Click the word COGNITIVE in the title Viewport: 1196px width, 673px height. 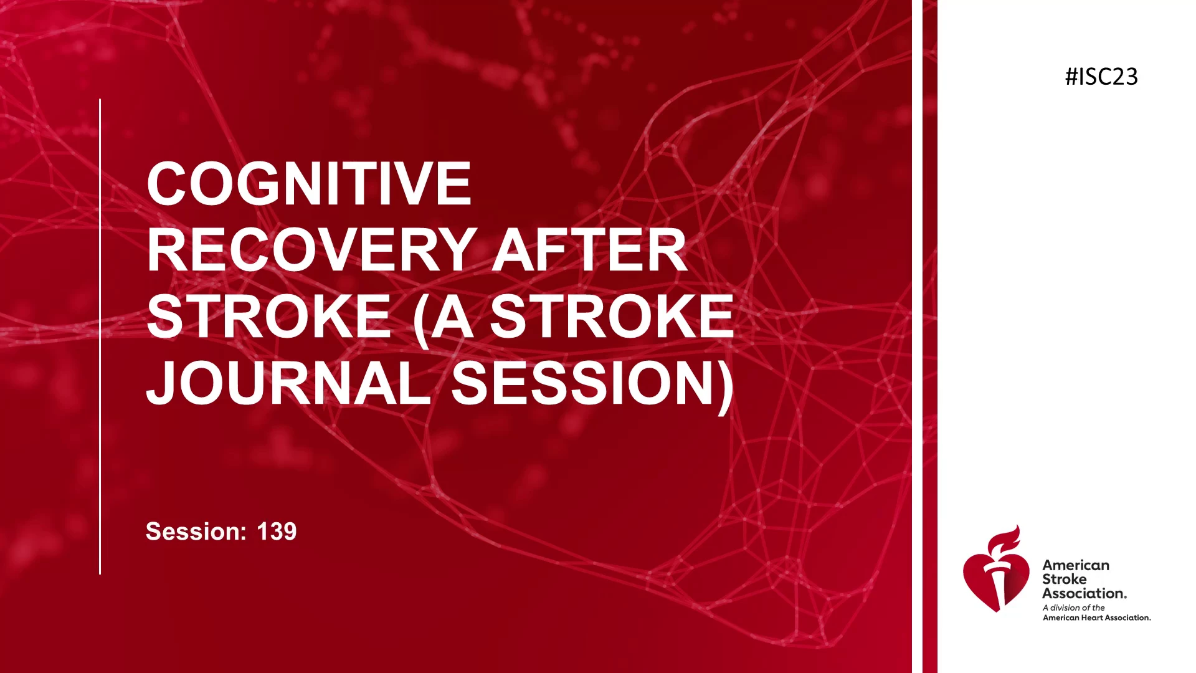click(x=309, y=183)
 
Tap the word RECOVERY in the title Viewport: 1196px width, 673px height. click(x=312, y=250)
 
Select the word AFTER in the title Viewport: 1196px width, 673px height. click(x=590, y=250)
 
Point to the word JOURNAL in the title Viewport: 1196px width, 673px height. click(x=288, y=383)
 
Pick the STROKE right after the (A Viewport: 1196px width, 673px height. click(x=612, y=316)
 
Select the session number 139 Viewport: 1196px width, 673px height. click(x=277, y=532)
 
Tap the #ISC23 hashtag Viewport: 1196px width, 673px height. click(x=1101, y=77)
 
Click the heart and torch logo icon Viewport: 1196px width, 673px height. click(x=996, y=568)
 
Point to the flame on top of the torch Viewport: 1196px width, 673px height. click(x=1004, y=540)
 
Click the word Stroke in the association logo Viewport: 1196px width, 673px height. click(x=1064, y=579)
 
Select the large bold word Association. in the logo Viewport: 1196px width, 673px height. click(x=1084, y=593)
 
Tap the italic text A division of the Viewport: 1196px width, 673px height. click(x=1074, y=608)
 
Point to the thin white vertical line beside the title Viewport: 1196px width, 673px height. click(x=100, y=336)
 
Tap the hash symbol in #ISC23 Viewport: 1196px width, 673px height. click(x=1071, y=77)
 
